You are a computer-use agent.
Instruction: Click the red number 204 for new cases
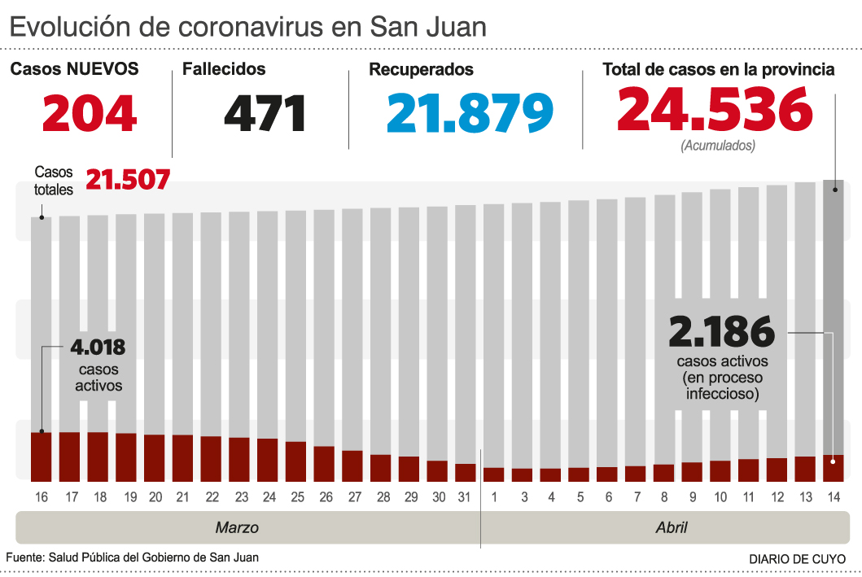[x=90, y=113]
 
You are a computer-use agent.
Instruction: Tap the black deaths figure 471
[x=265, y=113]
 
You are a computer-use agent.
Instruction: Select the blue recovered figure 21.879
[x=470, y=113]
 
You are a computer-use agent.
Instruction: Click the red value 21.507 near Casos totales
[x=128, y=179]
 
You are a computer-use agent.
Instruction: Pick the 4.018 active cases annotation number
[x=98, y=348]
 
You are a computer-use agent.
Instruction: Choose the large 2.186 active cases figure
[x=721, y=332]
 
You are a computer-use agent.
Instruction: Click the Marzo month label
[x=237, y=527]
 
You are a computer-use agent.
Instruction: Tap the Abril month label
[x=672, y=527]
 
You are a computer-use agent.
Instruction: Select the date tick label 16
[x=42, y=497]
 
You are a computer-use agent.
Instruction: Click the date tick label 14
[x=834, y=497]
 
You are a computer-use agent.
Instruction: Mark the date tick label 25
[x=296, y=497]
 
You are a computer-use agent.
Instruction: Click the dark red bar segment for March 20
[x=155, y=457]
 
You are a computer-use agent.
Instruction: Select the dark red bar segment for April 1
[x=494, y=474]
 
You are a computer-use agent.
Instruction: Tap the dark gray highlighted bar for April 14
[x=834, y=317]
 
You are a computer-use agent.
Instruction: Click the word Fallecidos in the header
[x=224, y=70]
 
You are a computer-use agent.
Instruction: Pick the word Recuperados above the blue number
[x=421, y=70]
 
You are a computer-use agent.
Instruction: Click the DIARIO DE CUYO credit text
[x=797, y=559]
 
